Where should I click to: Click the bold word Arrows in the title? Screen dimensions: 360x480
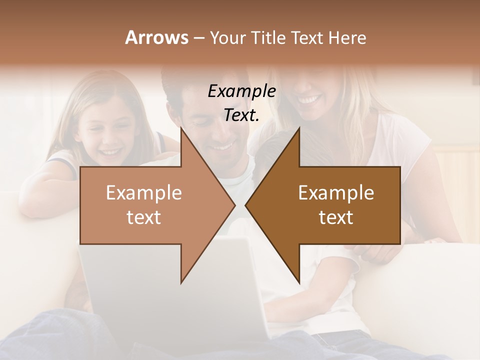tap(156, 38)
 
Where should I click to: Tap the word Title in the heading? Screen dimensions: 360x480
tap(268, 38)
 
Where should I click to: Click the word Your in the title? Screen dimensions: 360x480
tap(227, 38)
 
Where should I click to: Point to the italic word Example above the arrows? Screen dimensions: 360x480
tap(241, 91)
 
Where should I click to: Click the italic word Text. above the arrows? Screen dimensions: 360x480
tap(241, 115)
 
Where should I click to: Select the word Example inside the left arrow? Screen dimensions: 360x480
tap(144, 193)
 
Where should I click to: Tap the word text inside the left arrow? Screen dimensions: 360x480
tap(144, 217)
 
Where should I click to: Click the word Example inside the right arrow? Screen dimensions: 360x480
tap(336, 193)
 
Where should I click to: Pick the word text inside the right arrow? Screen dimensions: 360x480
tap(336, 217)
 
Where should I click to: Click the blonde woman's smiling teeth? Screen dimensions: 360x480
tap(308, 99)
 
